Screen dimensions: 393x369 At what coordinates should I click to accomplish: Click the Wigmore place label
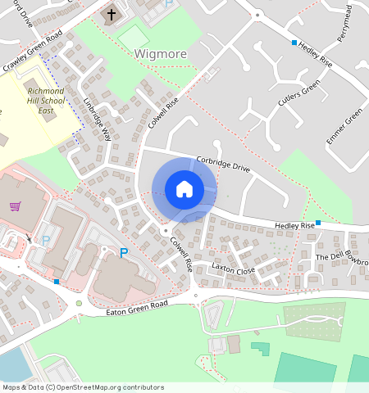pos(160,54)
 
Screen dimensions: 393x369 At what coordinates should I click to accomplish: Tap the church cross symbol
pos(112,14)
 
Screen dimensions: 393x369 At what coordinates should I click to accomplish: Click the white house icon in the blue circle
pos(184,189)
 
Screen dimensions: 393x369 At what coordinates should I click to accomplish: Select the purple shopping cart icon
pos(15,206)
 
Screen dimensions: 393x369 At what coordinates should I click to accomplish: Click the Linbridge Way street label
pos(97,120)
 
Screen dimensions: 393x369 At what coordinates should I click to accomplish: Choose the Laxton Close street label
pos(234,268)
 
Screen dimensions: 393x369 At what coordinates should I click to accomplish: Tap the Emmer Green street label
pos(344,127)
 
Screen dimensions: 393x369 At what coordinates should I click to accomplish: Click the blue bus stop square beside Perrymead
pos(294,42)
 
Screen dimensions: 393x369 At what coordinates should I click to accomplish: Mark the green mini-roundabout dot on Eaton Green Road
pos(79,303)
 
